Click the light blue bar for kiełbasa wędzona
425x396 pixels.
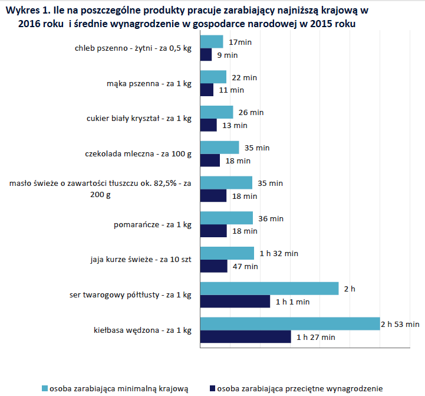tap(290, 324)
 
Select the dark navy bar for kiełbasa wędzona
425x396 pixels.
tap(246, 337)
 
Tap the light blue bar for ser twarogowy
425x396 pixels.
tap(269, 289)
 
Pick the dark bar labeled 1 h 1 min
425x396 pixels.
tap(235, 302)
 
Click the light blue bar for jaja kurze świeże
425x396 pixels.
tap(227, 253)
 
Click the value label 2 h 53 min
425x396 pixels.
tap(400, 325)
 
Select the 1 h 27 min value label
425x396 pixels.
tap(315, 338)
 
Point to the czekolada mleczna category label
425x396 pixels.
tap(139, 155)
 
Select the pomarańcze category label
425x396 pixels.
tap(153, 225)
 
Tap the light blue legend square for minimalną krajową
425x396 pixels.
tap(44, 388)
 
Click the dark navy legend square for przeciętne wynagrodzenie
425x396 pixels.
tap(212, 388)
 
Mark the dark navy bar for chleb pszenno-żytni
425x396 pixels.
tap(206, 55)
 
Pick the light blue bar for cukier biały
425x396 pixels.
tap(216, 112)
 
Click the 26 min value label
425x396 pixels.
tap(252, 112)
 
